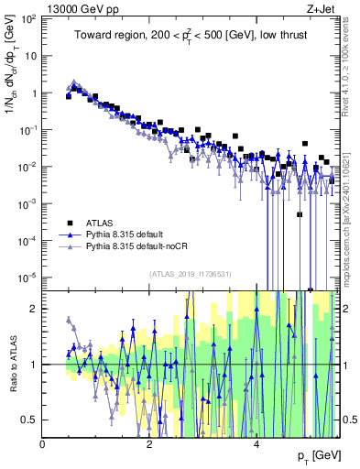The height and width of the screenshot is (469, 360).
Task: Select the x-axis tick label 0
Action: coord(43,443)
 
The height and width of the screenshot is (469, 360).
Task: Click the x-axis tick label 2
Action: coord(150,443)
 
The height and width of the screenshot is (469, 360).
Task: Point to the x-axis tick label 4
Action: coord(257,443)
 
